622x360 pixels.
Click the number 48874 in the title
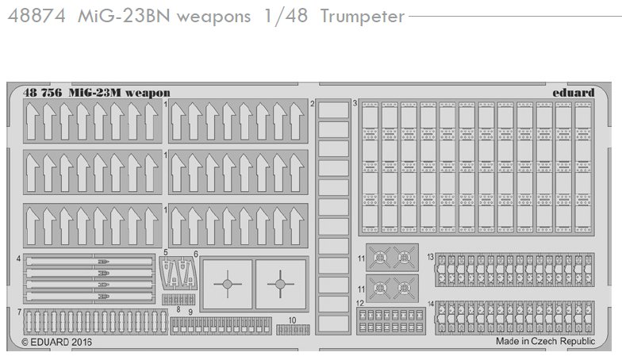point(36,16)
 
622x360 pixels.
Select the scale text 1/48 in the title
point(286,16)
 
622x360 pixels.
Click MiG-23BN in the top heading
point(124,16)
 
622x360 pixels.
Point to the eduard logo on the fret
point(573,92)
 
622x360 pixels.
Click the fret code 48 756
point(43,93)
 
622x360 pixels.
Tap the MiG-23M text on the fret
point(95,93)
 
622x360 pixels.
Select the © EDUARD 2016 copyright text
point(57,342)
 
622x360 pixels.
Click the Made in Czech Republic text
point(546,341)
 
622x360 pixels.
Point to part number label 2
point(313,104)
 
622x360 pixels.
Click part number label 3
point(355,103)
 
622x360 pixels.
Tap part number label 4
point(19,259)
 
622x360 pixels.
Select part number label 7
point(19,312)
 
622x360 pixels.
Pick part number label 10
point(292,320)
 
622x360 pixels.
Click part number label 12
point(360,303)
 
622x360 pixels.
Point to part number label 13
point(430,257)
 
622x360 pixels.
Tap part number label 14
point(431,304)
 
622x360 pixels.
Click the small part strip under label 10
point(294,330)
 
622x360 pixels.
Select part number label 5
point(165,252)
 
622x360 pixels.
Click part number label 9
point(190,312)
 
